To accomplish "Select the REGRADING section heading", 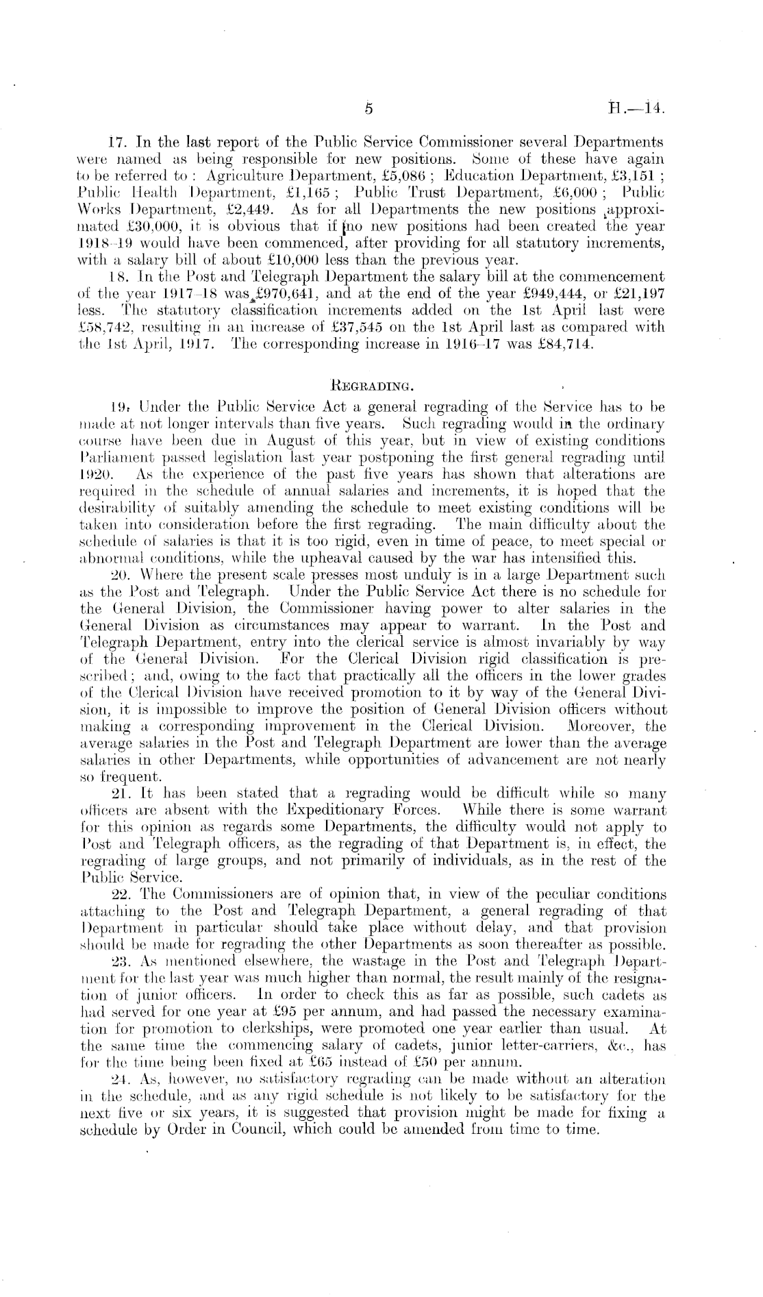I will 380,393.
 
